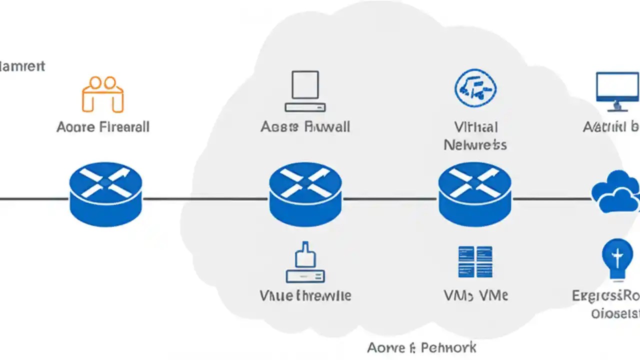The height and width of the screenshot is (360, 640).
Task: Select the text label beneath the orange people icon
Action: pos(103,127)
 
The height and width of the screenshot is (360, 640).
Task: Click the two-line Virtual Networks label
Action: pos(475,135)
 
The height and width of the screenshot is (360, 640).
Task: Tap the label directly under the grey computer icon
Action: pos(305,127)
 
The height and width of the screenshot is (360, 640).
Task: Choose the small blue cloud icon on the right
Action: pos(615,192)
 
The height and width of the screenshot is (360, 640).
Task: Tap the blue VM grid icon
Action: pos(475,261)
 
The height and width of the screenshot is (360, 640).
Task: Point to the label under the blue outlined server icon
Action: pos(305,295)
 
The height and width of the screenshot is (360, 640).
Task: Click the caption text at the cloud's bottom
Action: pos(421,347)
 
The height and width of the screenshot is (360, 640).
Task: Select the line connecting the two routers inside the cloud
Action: pos(390,199)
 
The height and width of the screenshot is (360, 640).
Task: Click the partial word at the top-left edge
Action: pos(22,66)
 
